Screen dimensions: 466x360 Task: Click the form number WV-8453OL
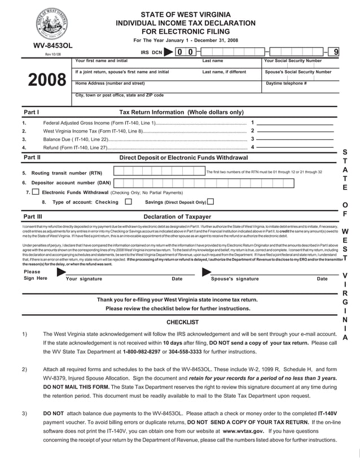point(53,45)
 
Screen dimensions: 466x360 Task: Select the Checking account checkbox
point(128,201)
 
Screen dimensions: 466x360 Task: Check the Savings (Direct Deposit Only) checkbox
point(210,201)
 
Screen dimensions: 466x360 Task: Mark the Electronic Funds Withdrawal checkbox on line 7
point(36,192)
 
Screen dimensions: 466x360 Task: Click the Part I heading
point(31,112)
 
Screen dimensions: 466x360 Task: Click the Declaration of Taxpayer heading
point(177,217)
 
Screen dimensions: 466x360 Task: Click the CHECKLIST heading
point(182,322)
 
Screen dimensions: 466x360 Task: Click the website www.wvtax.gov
point(243,430)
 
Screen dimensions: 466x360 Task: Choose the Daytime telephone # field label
point(286,83)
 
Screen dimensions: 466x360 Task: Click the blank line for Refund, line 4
point(295,147)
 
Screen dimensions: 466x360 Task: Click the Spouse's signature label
point(235,279)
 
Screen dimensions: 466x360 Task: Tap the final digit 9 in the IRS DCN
point(336,52)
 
